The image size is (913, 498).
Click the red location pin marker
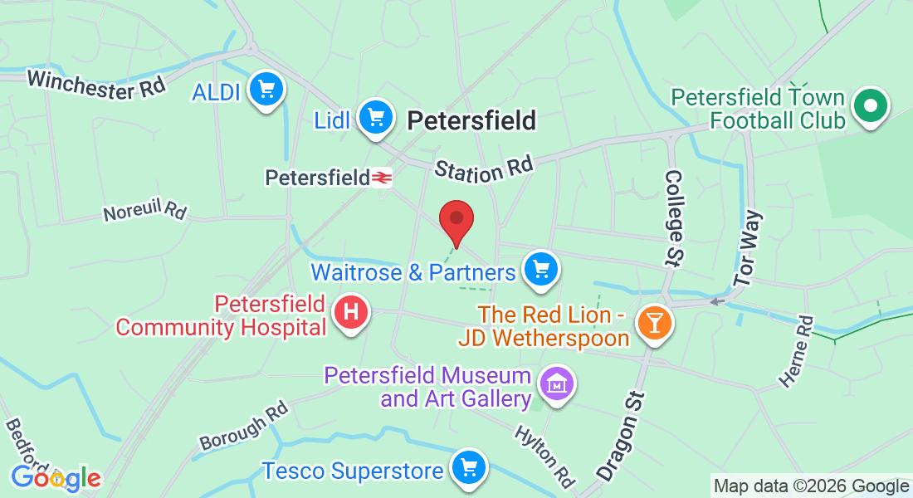click(x=456, y=219)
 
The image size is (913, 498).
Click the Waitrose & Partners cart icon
click(x=542, y=269)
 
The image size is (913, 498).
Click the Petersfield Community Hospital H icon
click(x=350, y=313)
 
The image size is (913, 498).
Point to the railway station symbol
click(x=381, y=178)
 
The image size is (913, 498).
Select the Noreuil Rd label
click(x=145, y=211)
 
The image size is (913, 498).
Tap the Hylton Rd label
click(x=545, y=456)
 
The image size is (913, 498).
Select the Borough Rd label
click(x=243, y=427)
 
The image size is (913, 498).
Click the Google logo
click(x=56, y=478)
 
